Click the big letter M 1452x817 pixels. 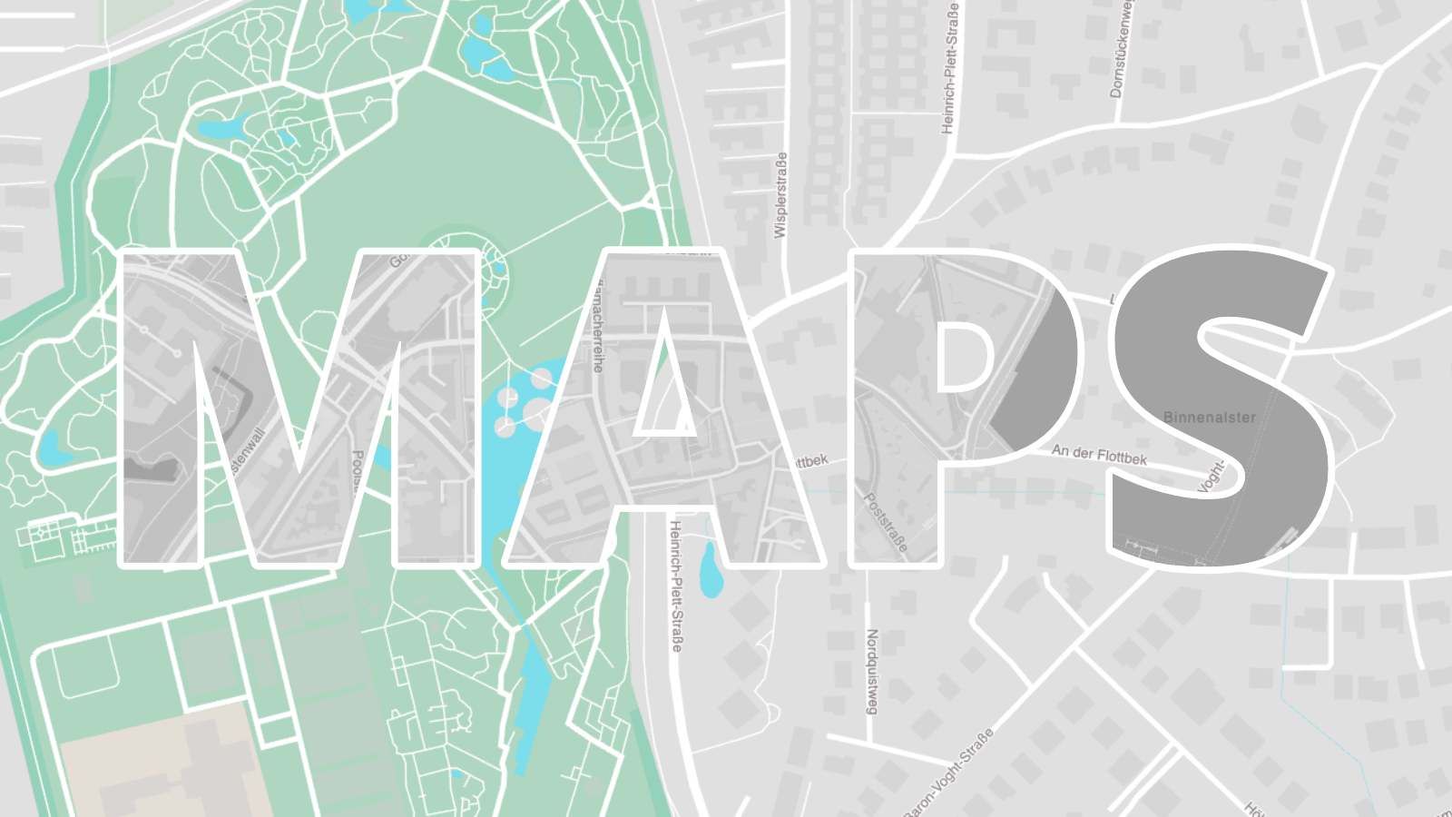tap(163, 408)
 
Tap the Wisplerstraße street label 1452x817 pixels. tap(780, 195)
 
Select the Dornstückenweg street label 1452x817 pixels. tap(1122, 50)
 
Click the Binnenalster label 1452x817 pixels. tap(1210, 418)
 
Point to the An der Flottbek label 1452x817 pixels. tap(1099, 454)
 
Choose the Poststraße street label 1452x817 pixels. tap(885, 522)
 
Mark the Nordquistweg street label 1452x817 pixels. tap(872, 672)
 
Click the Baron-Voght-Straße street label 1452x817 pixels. tap(949, 772)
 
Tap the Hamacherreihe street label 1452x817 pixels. tap(596, 327)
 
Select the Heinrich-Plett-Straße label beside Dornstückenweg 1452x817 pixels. tap(949, 68)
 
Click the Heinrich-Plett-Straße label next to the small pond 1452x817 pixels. tap(675, 586)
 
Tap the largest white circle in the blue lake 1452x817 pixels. tap(537, 413)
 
